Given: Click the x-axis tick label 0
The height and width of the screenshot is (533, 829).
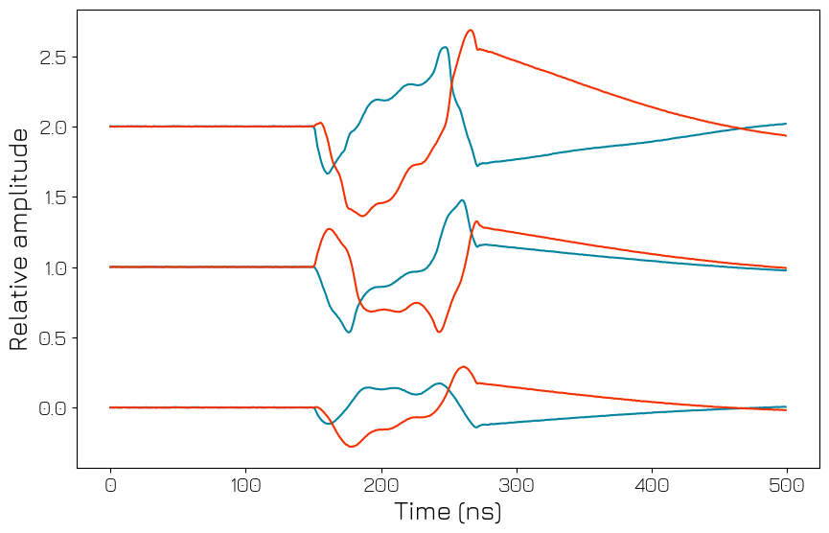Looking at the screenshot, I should (110, 486).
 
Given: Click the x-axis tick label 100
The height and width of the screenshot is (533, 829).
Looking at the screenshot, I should (245, 486).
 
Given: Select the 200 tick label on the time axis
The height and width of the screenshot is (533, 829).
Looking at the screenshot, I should (381, 486).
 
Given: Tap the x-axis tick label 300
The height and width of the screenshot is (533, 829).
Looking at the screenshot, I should (517, 486).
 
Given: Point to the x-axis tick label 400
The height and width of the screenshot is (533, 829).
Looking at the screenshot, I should (652, 486).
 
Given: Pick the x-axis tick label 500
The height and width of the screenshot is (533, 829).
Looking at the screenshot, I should (787, 486).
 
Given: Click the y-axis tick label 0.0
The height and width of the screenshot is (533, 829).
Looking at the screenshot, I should (52, 408).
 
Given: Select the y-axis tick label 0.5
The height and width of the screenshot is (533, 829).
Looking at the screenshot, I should (52, 338).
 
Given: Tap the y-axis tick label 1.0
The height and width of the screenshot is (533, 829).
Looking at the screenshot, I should (52, 267).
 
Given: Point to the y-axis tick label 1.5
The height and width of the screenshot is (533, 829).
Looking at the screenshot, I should (52, 197).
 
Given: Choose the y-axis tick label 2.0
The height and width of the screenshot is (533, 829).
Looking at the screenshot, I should (52, 127).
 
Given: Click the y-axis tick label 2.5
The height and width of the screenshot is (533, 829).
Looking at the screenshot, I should (52, 58).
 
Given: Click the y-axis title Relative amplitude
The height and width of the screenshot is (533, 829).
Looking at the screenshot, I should (19, 240).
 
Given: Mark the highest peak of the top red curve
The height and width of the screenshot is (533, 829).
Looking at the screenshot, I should (470, 30).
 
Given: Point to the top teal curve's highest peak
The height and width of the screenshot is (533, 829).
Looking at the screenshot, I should (444, 47).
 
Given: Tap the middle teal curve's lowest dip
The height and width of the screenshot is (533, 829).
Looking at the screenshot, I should (349, 332).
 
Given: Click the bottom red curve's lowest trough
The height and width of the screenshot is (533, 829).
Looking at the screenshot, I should (353, 447).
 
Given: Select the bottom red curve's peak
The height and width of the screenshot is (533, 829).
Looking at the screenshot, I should (464, 367).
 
